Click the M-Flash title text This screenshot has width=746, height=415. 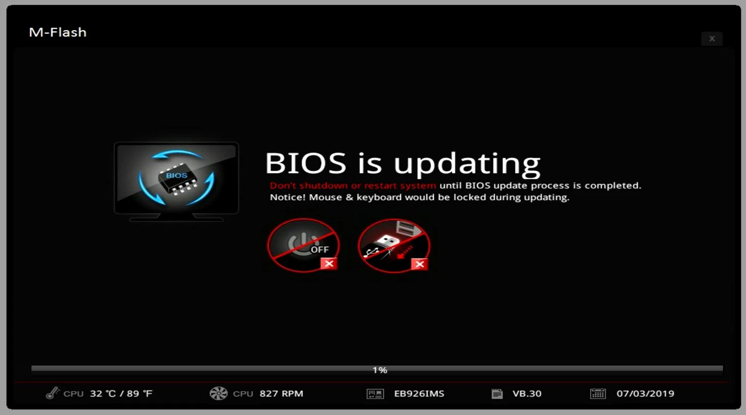(58, 32)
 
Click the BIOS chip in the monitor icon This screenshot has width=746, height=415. (177, 178)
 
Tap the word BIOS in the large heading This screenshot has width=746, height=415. (306, 163)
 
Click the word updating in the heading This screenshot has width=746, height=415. (467, 165)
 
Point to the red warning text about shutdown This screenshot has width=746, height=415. (353, 186)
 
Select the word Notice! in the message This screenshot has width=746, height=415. (287, 197)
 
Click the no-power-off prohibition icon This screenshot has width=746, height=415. (303, 245)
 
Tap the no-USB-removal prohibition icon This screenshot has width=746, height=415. (394, 246)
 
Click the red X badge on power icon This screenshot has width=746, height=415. (329, 264)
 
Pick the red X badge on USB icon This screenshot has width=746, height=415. (419, 264)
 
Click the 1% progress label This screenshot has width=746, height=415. (380, 370)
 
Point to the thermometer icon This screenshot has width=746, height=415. (53, 393)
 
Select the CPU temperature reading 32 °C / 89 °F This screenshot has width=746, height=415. (121, 394)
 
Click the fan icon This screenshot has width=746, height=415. (219, 394)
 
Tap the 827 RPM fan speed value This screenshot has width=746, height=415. (282, 394)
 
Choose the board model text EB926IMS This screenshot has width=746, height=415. (419, 394)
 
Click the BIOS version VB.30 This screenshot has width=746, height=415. (527, 394)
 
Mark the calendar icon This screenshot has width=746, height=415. (598, 394)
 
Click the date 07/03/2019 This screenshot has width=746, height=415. (645, 394)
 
